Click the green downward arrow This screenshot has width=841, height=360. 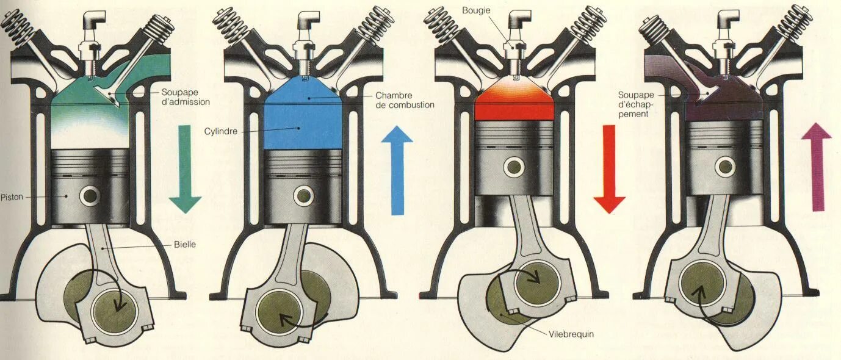tap(185, 168)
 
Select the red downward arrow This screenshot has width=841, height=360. tap(609, 168)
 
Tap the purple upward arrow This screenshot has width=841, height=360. tap(817, 166)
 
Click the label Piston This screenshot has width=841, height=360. tap(12, 197)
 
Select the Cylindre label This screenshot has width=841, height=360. tap(220, 131)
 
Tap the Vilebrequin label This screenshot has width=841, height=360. tap(571, 334)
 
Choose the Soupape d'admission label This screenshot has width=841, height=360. tap(186, 97)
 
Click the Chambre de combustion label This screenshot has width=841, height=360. tap(405, 100)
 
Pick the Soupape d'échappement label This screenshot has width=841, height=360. tap(635, 104)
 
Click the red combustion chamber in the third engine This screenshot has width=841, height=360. tap(514, 101)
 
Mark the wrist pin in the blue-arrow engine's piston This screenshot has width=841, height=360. tap(303, 195)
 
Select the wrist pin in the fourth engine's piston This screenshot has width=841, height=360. tap(724, 165)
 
